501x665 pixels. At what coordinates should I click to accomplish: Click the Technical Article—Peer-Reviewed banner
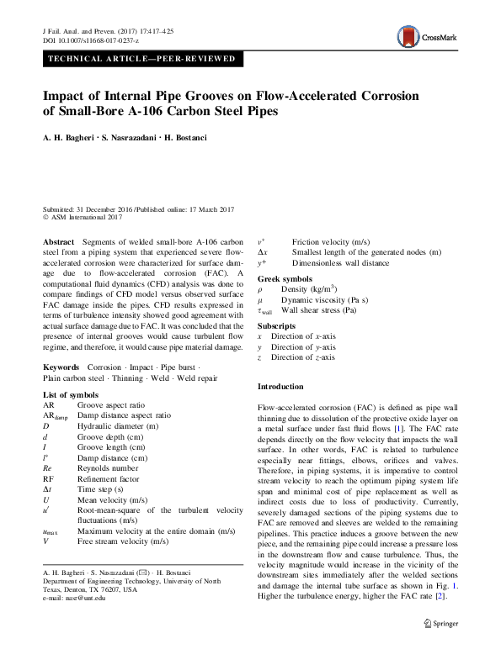tap(143, 59)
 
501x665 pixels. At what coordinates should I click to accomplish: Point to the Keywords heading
tap(61, 367)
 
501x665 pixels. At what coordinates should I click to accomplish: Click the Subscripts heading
tap(276, 325)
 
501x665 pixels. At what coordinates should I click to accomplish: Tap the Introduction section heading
tap(280, 386)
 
